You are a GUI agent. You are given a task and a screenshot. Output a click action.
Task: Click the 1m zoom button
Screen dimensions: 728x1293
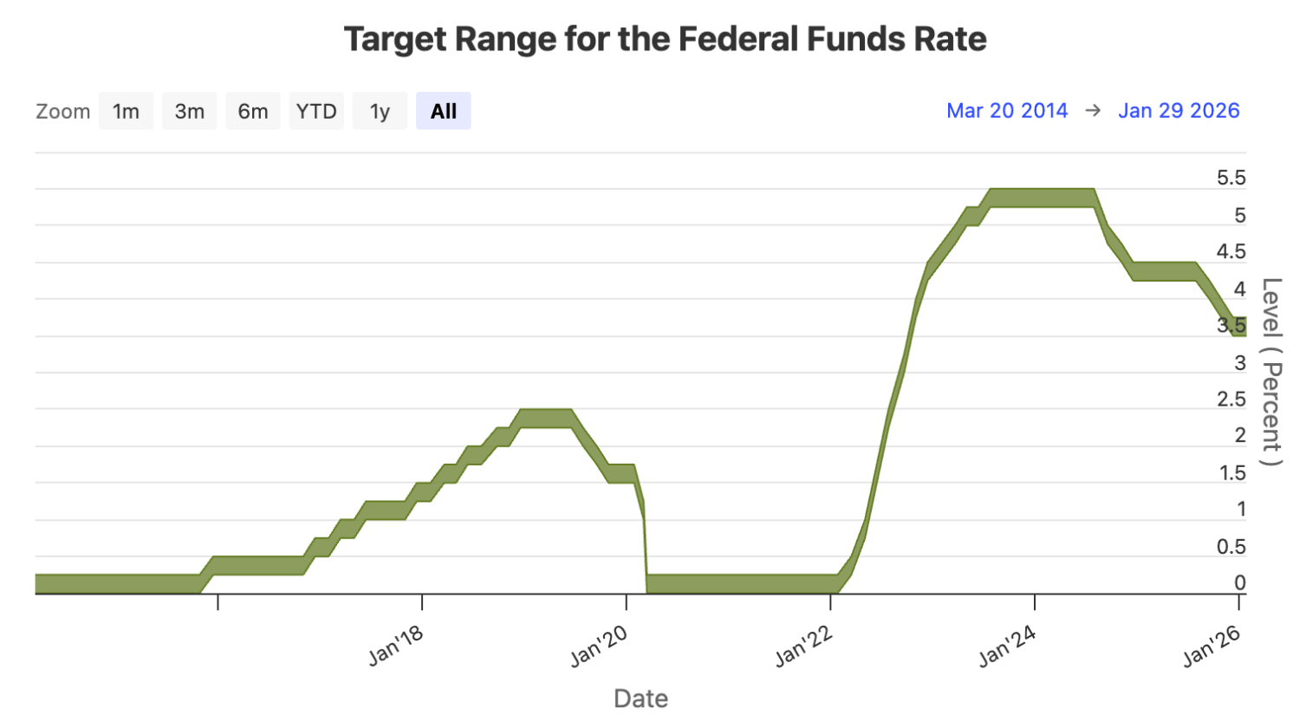click(x=126, y=111)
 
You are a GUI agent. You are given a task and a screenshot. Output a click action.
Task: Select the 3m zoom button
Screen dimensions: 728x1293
click(x=189, y=111)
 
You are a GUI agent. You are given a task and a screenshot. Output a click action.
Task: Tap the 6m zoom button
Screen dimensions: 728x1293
click(x=253, y=111)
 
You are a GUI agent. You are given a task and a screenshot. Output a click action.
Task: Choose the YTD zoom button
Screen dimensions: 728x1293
click(x=316, y=111)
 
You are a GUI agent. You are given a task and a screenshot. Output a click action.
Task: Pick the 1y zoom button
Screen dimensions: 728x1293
click(x=380, y=111)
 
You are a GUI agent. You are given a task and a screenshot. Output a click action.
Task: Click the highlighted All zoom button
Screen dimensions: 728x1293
click(x=443, y=111)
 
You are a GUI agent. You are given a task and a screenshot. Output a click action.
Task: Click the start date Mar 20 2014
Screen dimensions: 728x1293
click(x=1007, y=111)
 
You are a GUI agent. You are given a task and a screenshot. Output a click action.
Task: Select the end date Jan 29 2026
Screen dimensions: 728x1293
click(x=1179, y=111)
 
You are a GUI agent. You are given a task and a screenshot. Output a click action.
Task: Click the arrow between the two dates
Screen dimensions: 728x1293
click(x=1093, y=111)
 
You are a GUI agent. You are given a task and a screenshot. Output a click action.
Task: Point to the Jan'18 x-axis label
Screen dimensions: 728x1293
click(x=396, y=646)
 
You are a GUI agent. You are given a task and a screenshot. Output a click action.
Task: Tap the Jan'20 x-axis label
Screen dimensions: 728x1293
click(x=599, y=646)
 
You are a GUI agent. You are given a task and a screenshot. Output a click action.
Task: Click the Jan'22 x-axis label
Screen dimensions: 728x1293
click(x=803, y=646)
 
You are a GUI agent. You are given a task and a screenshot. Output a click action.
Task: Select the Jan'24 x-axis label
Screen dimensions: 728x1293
click(x=1007, y=646)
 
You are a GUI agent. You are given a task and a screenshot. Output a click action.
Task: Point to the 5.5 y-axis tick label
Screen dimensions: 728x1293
click(x=1231, y=178)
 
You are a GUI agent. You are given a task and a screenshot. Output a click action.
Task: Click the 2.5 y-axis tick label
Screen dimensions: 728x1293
click(x=1231, y=400)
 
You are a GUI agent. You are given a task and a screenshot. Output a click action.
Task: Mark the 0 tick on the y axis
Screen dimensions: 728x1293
click(x=1239, y=583)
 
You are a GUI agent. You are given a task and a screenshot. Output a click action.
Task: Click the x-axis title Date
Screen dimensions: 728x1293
click(x=640, y=699)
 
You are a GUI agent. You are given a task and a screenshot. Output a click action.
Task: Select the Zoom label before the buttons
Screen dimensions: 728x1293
click(x=62, y=112)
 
